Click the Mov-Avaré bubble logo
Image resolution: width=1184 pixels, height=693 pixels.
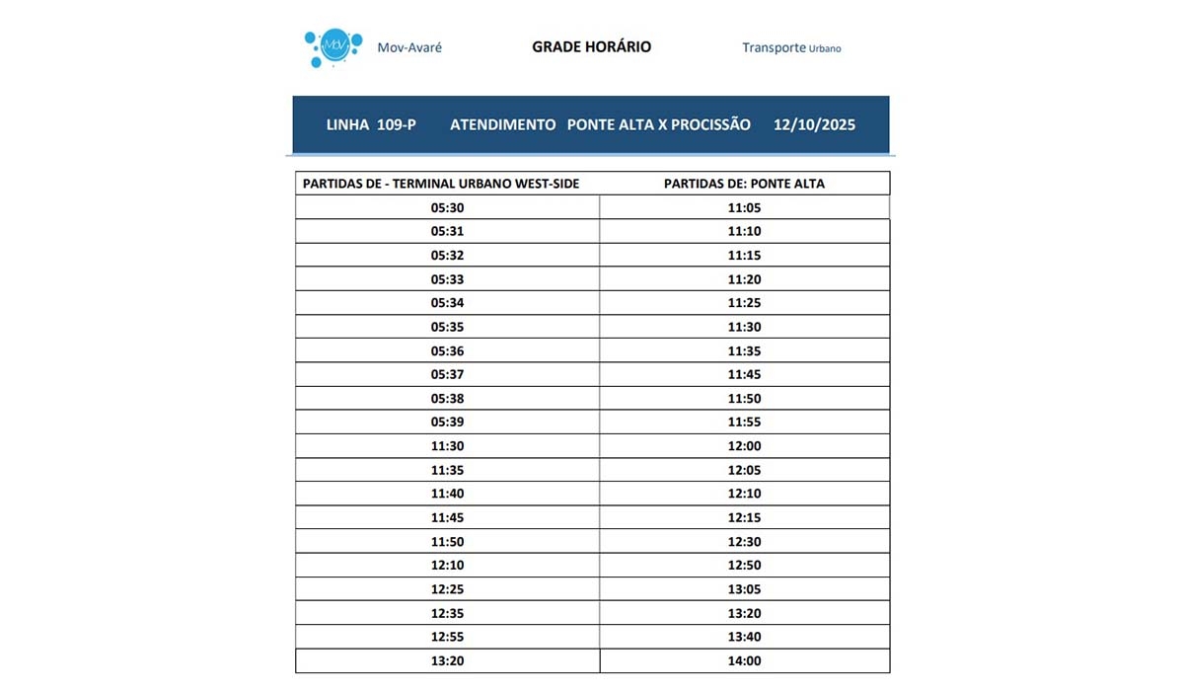(x=330, y=47)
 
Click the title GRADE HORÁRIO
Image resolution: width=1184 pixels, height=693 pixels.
(x=591, y=46)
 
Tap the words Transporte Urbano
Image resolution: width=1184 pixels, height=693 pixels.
(x=791, y=47)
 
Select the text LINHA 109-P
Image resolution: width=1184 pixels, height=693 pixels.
(x=371, y=125)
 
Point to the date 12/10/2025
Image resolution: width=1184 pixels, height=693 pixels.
(x=814, y=125)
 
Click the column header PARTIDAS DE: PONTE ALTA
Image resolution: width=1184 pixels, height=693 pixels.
(x=744, y=184)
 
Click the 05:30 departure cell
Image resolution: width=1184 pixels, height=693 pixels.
(x=447, y=207)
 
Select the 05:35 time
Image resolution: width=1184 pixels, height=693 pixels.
(x=447, y=327)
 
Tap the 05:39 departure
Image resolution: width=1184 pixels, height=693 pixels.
(x=447, y=422)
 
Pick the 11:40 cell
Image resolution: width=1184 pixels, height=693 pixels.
(x=447, y=494)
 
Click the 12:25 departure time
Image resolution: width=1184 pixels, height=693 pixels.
(x=447, y=589)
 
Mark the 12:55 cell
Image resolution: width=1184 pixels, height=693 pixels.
(x=447, y=637)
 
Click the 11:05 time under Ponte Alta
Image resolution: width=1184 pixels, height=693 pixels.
(x=744, y=207)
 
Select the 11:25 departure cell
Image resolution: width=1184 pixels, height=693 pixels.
(x=744, y=303)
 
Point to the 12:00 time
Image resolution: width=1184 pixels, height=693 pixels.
(x=744, y=446)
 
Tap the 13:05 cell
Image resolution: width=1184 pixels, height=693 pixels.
(x=744, y=589)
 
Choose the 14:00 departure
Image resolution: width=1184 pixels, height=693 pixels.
(x=744, y=661)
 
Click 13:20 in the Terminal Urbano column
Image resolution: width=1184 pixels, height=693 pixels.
(x=447, y=661)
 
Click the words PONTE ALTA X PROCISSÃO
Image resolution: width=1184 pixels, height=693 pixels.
(x=658, y=125)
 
